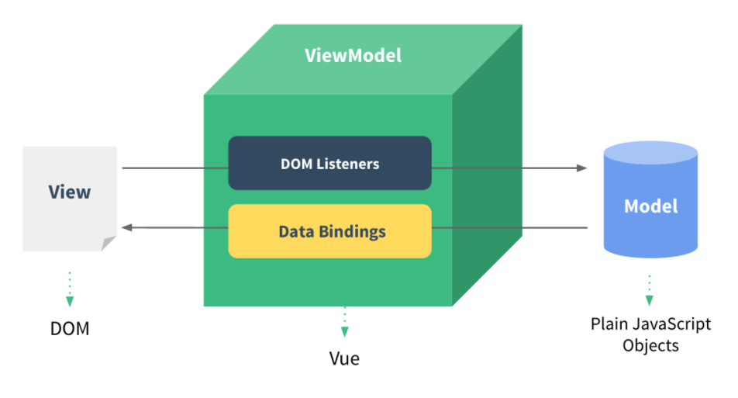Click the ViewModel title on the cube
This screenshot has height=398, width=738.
(353, 56)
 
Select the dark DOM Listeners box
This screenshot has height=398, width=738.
(329, 164)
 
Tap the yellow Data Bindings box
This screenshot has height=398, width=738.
(329, 231)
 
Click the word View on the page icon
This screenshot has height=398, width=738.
(69, 192)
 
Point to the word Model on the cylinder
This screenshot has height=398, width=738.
(650, 206)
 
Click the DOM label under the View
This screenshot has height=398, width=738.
(70, 329)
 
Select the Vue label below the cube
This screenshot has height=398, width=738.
(344, 359)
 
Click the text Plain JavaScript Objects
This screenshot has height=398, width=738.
(650, 334)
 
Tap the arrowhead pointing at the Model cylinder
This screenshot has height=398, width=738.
(581, 168)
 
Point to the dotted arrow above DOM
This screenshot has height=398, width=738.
(70, 289)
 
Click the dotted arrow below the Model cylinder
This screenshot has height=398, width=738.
(650, 289)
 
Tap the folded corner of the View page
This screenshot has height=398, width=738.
(109, 244)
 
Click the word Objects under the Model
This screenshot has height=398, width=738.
(650, 346)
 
